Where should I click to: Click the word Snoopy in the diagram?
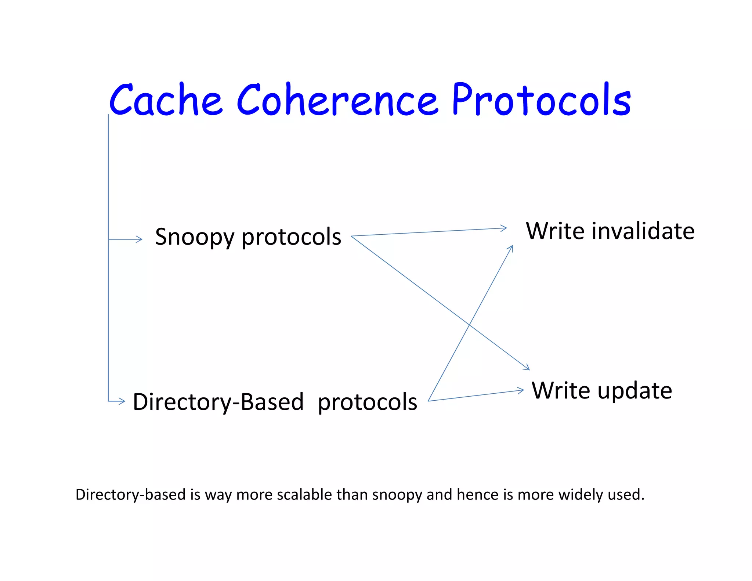point(195,237)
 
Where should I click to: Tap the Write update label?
point(602,391)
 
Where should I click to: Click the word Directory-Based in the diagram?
point(218,402)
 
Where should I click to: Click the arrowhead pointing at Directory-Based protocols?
point(123,401)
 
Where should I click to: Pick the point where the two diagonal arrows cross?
point(470,325)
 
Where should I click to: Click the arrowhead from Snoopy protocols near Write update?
point(527,368)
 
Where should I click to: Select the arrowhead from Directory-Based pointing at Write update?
point(521,390)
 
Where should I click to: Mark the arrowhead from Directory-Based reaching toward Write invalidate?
point(511,248)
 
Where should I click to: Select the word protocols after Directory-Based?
point(367,403)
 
